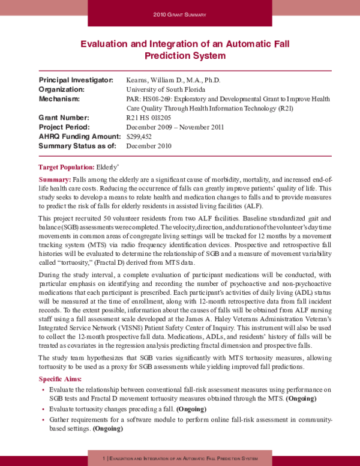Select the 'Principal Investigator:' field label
tap(76, 80)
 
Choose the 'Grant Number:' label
tap(64, 118)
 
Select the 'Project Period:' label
tap(64, 127)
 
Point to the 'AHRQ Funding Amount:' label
tap(80, 136)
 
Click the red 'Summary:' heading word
tap(55, 180)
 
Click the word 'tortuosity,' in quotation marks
tap(71, 262)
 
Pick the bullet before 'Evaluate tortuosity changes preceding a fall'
tap(43, 409)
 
